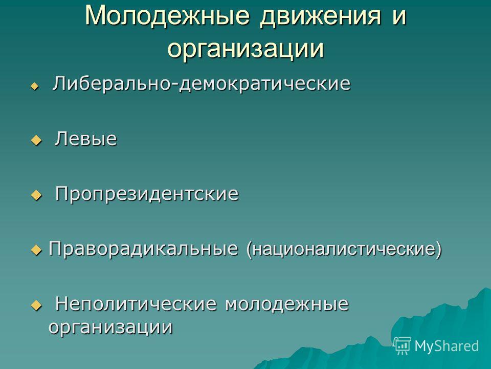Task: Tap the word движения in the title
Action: [321, 16]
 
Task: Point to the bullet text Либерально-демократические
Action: [202, 84]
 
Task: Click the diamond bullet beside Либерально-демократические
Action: [35, 86]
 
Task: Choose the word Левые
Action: [86, 139]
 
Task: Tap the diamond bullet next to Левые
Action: [36, 140]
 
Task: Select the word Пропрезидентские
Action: [147, 194]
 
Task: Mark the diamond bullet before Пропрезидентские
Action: [36, 195]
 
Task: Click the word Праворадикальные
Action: [143, 249]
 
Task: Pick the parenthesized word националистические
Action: [344, 250]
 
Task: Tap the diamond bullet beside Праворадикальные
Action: [36, 250]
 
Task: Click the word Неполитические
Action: [136, 304]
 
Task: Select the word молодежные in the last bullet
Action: [287, 304]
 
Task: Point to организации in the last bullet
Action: [110, 327]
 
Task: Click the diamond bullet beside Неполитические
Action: [36, 305]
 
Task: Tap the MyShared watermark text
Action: [447, 346]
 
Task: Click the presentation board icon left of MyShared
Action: [402, 345]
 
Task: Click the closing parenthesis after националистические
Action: [439, 250]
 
